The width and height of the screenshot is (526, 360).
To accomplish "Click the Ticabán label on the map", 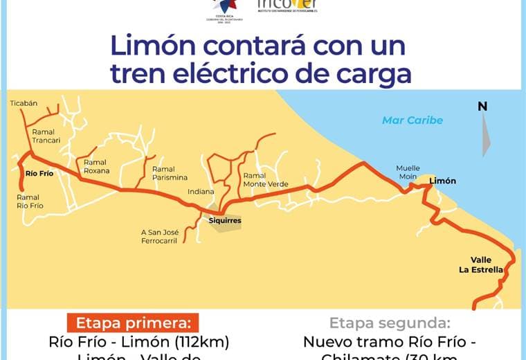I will click(x=24, y=103).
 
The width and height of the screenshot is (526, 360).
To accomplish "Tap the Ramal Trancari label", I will click(x=46, y=136).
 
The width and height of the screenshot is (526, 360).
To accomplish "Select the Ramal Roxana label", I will click(x=96, y=166).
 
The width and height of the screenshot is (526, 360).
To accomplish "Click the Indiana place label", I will click(x=201, y=192).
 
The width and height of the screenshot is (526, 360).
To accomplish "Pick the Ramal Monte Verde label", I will click(x=266, y=180).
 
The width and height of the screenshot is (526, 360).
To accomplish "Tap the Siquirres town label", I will click(x=226, y=222).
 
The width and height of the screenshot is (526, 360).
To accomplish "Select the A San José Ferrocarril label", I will click(x=160, y=237).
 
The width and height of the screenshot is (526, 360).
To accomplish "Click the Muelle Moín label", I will click(x=408, y=172).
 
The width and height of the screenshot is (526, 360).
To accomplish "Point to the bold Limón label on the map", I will click(x=443, y=181).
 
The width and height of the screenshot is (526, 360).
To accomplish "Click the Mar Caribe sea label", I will click(x=412, y=120).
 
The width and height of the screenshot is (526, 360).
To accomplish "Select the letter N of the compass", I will click(x=482, y=106).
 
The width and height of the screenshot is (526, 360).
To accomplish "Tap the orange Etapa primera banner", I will click(x=133, y=323).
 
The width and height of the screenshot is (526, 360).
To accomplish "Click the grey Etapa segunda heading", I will click(x=390, y=323).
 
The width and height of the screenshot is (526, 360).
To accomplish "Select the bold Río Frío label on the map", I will click(x=39, y=173).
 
